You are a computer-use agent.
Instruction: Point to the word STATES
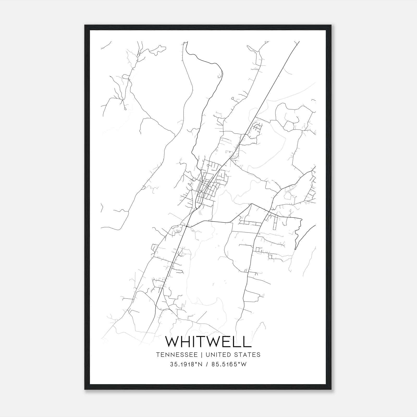pos(248,355)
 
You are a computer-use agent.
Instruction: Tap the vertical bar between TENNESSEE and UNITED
pos(203,355)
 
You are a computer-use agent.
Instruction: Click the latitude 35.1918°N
pos(186,364)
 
